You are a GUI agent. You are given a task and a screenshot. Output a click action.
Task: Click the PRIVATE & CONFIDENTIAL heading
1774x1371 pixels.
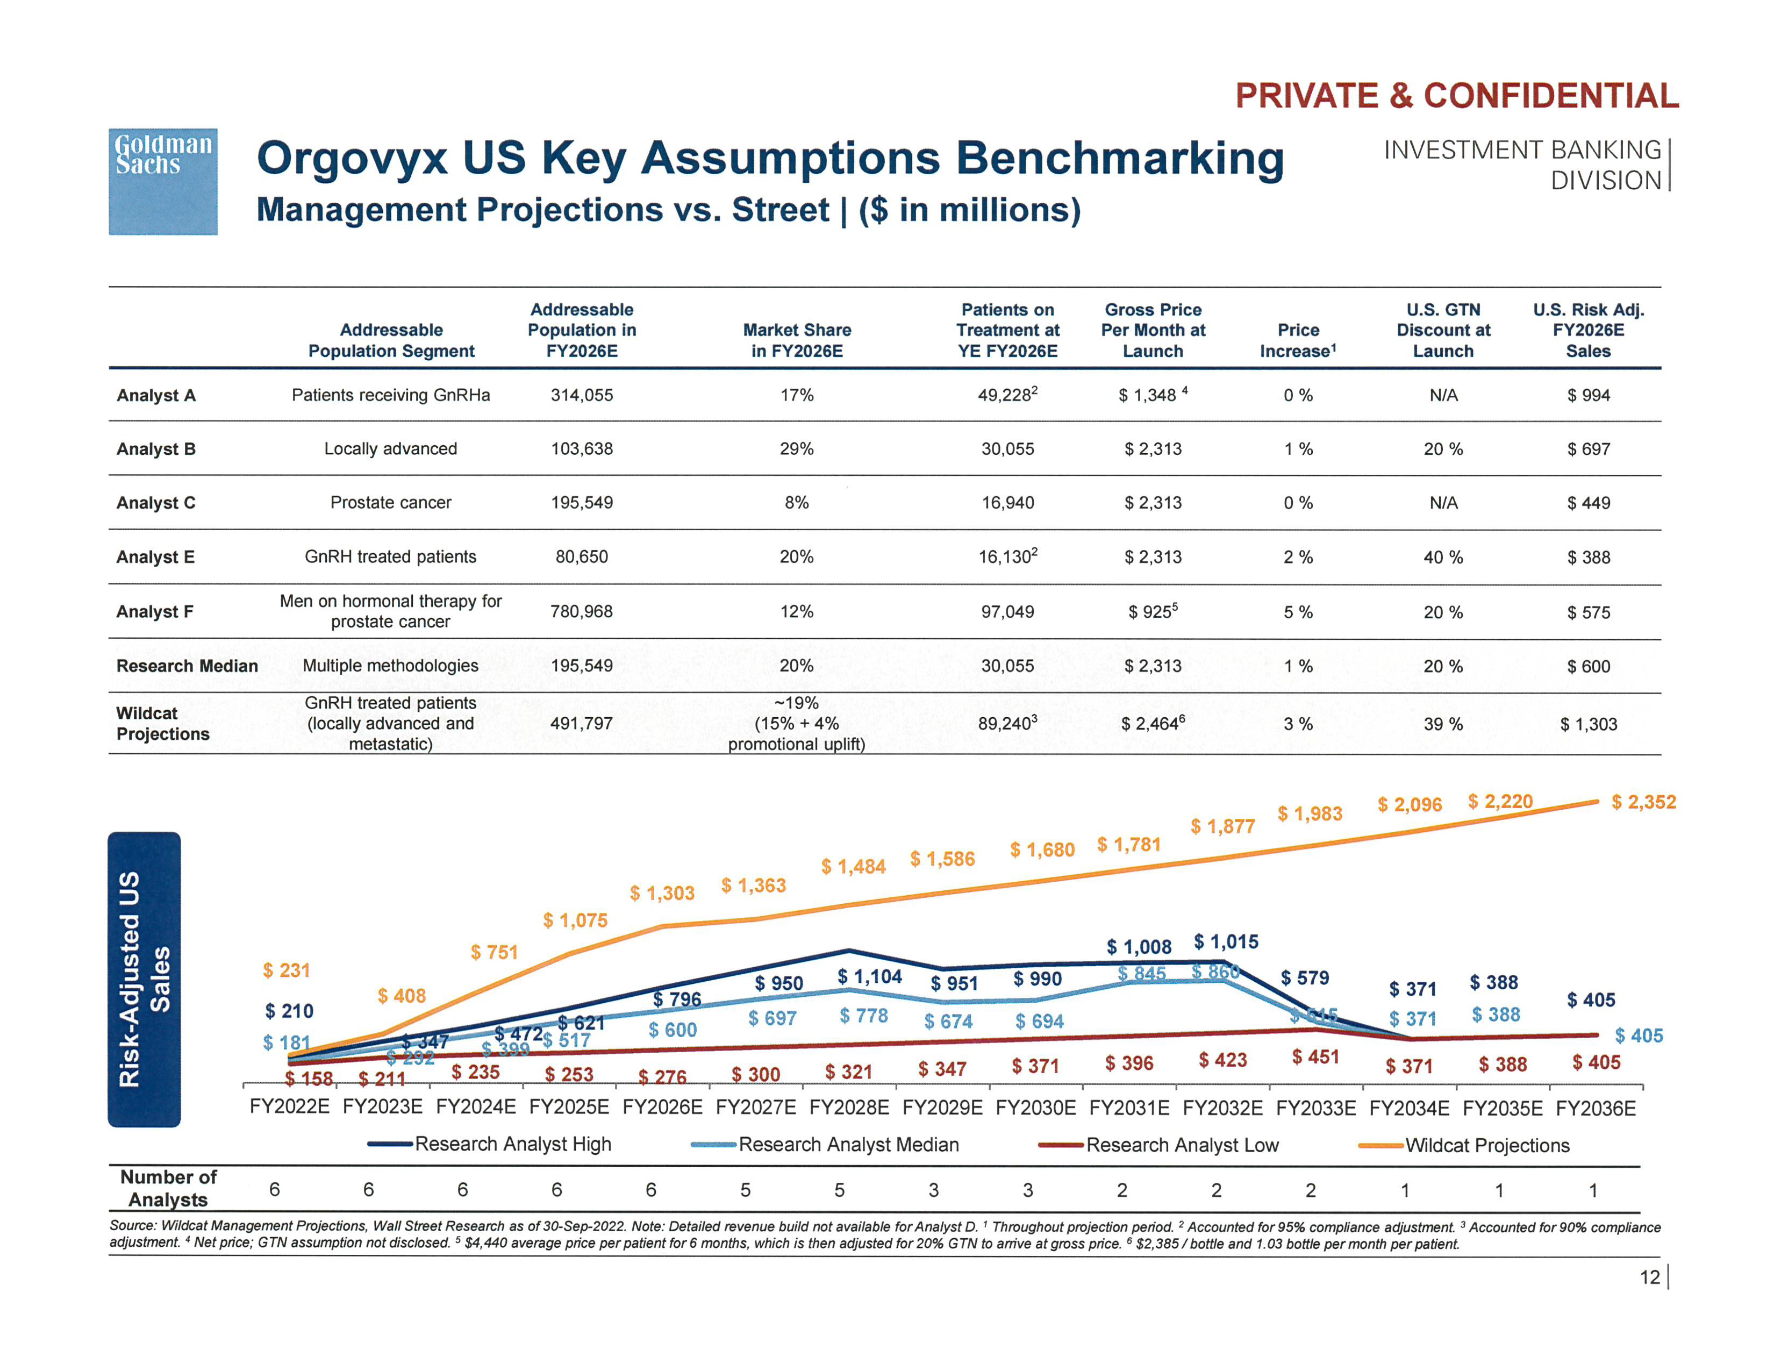(1456, 96)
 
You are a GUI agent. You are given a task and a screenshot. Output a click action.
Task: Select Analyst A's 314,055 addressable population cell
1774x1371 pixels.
(582, 396)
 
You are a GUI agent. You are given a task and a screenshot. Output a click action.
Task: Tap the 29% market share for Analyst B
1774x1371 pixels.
(796, 449)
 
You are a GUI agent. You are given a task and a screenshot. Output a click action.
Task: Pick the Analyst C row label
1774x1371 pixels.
(156, 503)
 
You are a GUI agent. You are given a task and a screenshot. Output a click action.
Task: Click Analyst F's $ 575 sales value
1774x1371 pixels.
(1588, 612)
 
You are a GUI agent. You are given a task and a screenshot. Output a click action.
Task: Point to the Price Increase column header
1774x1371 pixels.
(1297, 340)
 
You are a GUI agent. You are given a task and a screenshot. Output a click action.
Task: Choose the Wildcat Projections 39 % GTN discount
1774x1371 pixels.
(1443, 724)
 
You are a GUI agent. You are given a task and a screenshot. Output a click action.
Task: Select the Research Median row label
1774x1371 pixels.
(187, 666)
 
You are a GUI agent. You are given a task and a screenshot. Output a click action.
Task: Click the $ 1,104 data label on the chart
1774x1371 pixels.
(869, 976)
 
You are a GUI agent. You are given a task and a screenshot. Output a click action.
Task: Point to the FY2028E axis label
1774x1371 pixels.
(849, 1108)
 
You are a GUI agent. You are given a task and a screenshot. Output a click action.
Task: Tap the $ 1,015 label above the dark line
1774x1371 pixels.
(1226, 942)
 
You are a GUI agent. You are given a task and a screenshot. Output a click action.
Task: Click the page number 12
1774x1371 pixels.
(1649, 1277)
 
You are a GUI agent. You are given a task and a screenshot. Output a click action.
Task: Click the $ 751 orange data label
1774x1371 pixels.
(494, 952)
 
